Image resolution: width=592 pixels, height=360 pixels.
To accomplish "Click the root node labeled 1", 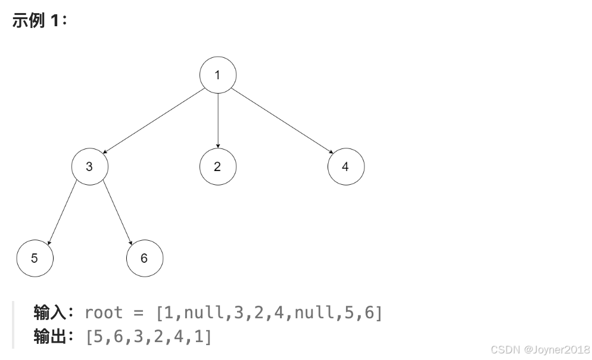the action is point(217,75).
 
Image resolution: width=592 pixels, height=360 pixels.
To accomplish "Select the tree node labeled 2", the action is point(217,166).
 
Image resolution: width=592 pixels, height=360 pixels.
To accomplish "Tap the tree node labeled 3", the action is point(89,166).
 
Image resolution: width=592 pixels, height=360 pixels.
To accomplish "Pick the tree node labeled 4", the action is point(345,166).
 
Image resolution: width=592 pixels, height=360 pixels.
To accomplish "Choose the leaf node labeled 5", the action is point(35,258).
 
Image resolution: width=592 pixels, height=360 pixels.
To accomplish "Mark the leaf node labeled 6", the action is point(144,258).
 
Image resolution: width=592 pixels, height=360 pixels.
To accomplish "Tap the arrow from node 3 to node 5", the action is point(62,212).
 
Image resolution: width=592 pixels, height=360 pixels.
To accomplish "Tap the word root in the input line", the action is point(104,312).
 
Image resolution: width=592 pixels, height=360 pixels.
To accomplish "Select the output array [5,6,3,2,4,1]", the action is point(148,337).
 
